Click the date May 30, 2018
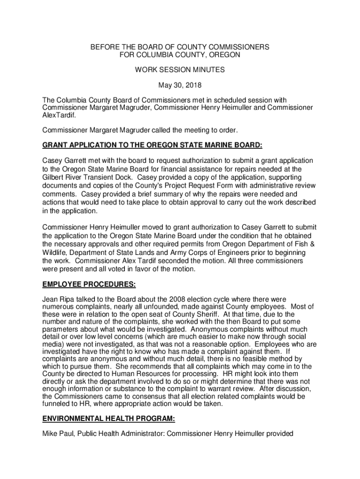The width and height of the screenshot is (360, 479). pos(180,85)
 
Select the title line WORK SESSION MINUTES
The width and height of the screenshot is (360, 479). pos(180,70)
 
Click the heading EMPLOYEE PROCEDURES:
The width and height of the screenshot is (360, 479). pos(89,283)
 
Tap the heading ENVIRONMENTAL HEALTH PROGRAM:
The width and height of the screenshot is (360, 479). pos(109,419)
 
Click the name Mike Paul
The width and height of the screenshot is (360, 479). pos(58,434)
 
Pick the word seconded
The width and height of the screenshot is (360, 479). pos(211,261)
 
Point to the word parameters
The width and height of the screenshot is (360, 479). pos(61,329)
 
